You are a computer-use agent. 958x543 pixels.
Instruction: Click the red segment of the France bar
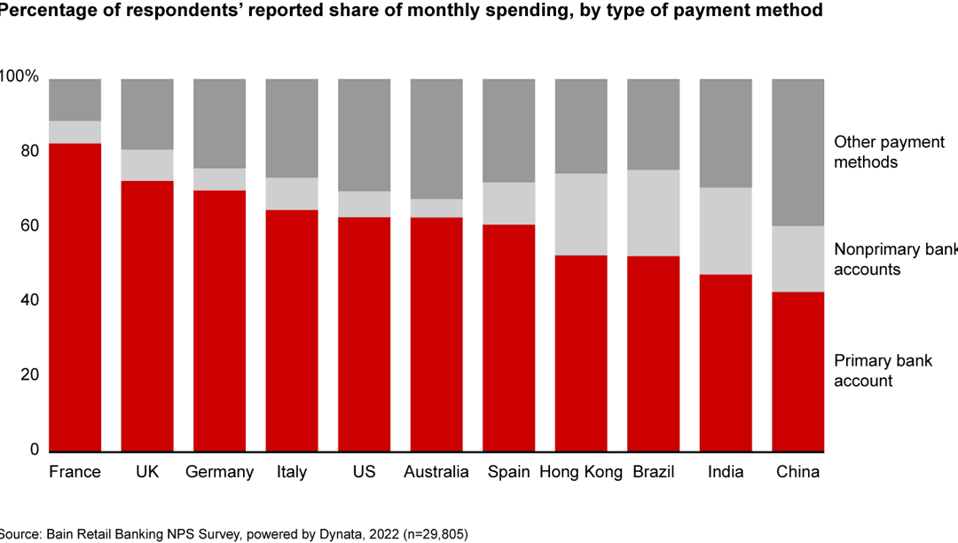(x=75, y=297)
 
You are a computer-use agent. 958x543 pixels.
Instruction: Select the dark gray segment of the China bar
(x=798, y=152)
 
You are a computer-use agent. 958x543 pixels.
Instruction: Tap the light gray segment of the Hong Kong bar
(x=581, y=214)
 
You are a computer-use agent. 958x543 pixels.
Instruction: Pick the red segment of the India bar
(x=726, y=363)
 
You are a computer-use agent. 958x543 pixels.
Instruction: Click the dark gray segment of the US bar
(x=364, y=135)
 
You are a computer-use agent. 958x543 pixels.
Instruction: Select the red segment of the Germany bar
(x=219, y=320)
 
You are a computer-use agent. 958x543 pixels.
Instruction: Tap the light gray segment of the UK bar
(x=147, y=165)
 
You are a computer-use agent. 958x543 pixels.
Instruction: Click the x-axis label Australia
(x=436, y=472)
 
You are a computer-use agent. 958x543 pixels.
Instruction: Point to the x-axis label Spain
(x=508, y=472)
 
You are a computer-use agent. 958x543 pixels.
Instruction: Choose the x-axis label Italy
(x=291, y=472)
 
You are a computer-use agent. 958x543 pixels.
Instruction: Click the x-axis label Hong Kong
(x=581, y=472)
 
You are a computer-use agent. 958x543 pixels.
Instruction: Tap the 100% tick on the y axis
(x=20, y=77)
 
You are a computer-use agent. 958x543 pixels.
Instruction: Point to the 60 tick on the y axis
(x=30, y=226)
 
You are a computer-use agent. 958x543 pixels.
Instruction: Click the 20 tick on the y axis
(x=30, y=375)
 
